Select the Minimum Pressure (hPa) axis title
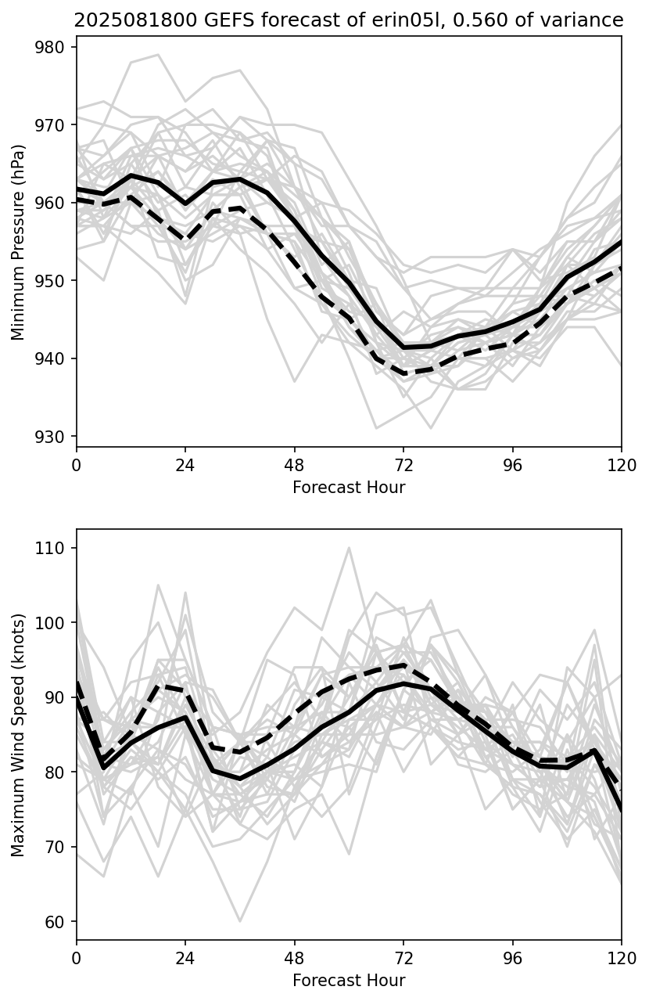(x=19, y=242)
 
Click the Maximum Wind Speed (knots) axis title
(x=19, y=734)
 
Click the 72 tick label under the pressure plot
(x=403, y=464)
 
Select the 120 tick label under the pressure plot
(x=622, y=464)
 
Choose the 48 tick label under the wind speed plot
(x=294, y=957)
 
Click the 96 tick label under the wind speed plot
(x=513, y=957)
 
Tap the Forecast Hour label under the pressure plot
(x=349, y=488)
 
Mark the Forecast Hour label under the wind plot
(x=349, y=981)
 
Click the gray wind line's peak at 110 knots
(x=349, y=548)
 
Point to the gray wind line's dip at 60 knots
(x=240, y=921)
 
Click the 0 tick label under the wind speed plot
(x=77, y=957)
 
